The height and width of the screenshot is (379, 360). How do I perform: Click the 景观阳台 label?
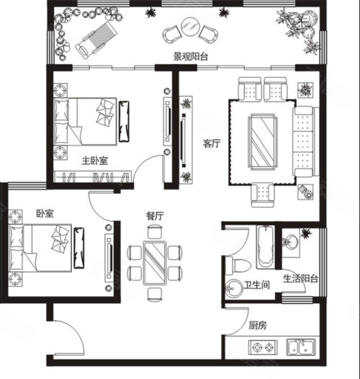point(190,57)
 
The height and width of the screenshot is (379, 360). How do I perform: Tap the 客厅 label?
point(212,143)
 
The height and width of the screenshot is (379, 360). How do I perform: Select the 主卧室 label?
point(95,161)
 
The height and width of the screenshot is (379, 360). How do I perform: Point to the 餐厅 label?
point(155,216)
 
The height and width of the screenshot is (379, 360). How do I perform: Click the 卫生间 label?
point(256,285)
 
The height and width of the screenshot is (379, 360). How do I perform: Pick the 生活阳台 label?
point(300,279)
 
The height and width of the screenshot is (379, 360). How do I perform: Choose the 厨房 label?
point(258,326)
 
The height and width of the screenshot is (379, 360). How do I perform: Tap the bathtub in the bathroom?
point(266,247)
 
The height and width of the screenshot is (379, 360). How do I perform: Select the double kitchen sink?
point(301,347)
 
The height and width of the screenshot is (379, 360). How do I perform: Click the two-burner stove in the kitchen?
point(263,347)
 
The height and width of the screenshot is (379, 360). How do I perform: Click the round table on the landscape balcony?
point(190,27)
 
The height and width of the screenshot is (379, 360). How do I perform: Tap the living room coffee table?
point(263,142)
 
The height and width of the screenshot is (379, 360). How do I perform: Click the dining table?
point(154,263)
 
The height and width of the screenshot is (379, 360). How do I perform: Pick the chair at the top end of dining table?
point(154,231)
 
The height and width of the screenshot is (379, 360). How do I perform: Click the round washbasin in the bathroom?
point(234,288)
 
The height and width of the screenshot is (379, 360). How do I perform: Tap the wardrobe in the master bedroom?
point(93,177)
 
